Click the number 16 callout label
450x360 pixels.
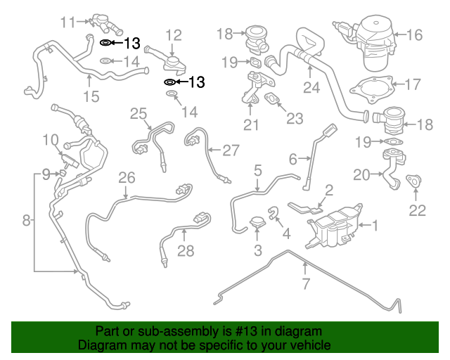point(414,34)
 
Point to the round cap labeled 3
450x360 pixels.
point(258,224)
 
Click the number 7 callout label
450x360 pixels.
point(305,284)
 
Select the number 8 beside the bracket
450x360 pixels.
point(27,221)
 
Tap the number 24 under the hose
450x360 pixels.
point(311,87)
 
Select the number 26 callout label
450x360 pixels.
point(126,177)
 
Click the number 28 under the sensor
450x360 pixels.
point(185,251)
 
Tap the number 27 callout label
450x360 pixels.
point(231,150)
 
